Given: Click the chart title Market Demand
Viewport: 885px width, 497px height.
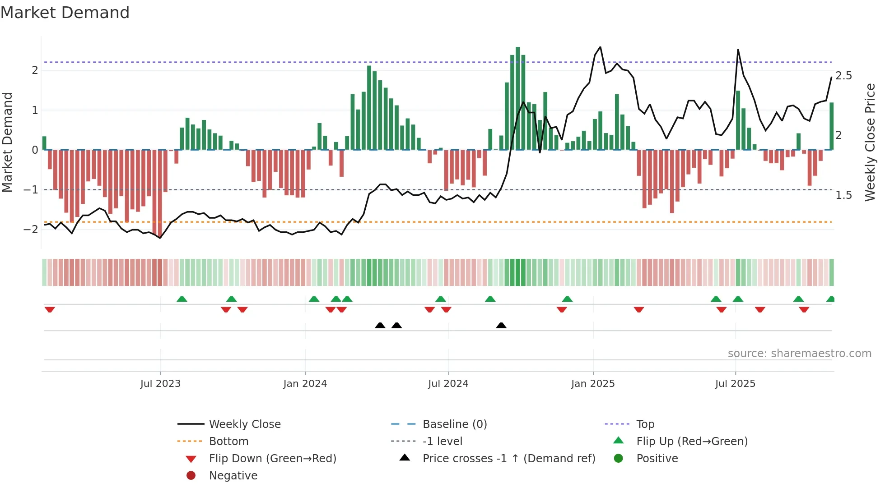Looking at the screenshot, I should click(65, 13).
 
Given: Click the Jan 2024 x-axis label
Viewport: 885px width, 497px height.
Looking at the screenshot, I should click(305, 384).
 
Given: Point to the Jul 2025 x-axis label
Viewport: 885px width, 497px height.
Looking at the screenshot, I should click(735, 384).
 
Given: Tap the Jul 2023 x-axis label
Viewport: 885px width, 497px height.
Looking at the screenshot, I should click(160, 384).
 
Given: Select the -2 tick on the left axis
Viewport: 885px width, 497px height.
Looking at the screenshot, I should click(31, 229).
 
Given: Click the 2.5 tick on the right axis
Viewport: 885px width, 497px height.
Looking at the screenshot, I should click(843, 76).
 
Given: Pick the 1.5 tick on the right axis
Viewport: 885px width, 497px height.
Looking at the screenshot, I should click(843, 195).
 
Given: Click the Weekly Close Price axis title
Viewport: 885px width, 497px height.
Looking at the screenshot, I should click(870, 142).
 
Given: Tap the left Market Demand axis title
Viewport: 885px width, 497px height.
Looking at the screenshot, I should click(7, 142).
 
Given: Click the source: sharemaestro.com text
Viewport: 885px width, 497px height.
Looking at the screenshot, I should click(799, 354).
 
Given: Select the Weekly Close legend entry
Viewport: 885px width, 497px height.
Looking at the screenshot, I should click(244, 424).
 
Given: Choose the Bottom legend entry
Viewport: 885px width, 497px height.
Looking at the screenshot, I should click(228, 442).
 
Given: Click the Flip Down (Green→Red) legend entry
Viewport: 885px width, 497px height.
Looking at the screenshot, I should click(272, 459).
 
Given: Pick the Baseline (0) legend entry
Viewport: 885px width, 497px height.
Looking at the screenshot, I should click(454, 424).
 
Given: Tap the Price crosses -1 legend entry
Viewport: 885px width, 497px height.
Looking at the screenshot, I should click(508, 459).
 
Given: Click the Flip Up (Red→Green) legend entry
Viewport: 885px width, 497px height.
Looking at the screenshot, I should click(692, 442).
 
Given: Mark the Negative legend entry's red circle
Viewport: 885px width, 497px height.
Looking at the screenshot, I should click(191, 476).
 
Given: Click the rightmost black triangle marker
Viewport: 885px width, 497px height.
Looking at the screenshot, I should click(501, 326).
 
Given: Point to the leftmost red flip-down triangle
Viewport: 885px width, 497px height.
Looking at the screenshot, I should click(50, 309).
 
